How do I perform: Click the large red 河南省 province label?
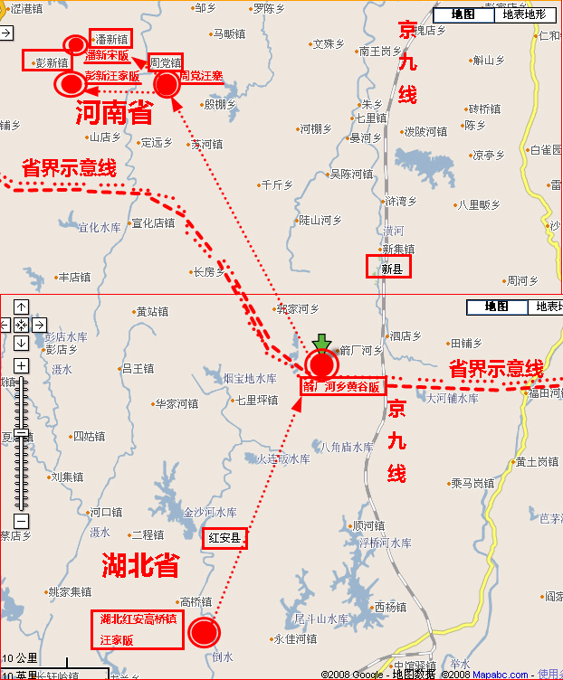(114, 113)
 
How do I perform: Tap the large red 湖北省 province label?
(139, 565)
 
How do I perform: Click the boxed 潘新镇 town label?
(111, 38)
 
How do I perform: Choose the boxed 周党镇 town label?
(166, 61)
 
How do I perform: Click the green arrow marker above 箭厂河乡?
(321, 342)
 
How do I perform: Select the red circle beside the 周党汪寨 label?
(167, 84)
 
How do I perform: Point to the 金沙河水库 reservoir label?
(210, 512)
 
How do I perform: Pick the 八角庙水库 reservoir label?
(347, 447)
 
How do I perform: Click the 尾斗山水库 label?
(321, 619)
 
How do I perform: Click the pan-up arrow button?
(21, 306)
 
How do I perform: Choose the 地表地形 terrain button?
(524, 14)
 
